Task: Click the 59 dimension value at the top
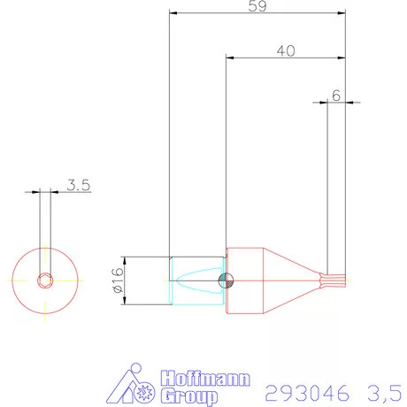pos(258,6)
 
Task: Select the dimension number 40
pos(285,50)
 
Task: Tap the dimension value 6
pos(335,94)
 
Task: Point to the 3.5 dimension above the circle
pos(79,186)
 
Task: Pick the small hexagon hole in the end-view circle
pos(45,281)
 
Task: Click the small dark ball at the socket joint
pos(227,281)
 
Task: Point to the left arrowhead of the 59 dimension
pos(173,14)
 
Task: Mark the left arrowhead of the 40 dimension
pos(230,58)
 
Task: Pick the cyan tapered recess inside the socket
pos(200,281)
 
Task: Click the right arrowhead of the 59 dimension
pos(341,14)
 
